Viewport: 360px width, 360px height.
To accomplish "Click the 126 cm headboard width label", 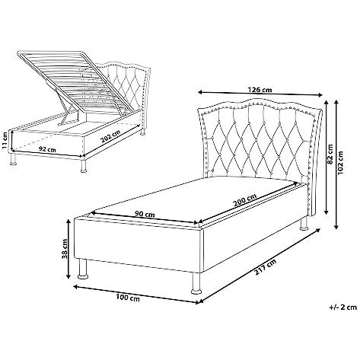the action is (x=260, y=90).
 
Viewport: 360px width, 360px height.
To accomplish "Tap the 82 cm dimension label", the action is (x=330, y=155).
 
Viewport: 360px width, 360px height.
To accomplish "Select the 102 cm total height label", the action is (x=340, y=163).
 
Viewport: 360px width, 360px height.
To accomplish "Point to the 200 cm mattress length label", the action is (x=245, y=199).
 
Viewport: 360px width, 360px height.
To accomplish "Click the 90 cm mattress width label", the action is (x=145, y=214).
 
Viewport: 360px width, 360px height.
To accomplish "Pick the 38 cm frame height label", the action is (x=65, y=249).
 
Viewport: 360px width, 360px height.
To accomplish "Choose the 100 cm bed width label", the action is (x=128, y=298).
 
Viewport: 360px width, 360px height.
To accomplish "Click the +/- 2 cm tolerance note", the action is (x=343, y=307).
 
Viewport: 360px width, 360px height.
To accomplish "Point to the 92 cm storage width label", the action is (x=47, y=149).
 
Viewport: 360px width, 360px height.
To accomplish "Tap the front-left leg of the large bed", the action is (x=82, y=269).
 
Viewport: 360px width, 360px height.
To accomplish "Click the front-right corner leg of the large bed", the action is (x=196, y=283).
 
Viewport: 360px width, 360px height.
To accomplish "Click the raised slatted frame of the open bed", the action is (x=76, y=81).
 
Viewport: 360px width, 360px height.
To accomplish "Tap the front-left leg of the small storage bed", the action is (x=13, y=158).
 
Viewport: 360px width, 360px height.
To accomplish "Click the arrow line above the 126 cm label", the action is (x=260, y=94).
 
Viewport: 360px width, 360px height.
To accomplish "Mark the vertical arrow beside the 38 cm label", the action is (x=68, y=250).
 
